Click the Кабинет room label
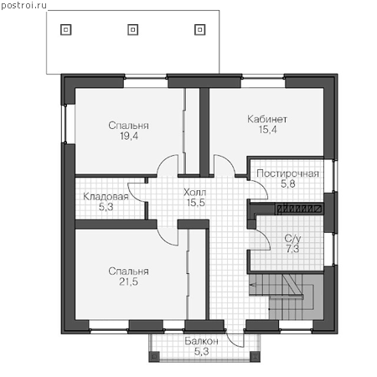click(267, 119)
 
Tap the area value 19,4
click(129, 137)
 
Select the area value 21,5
click(128, 281)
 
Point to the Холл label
click(195, 192)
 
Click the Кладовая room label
click(106, 197)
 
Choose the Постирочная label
click(287, 173)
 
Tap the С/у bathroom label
click(292, 238)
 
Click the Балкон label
click(201, 341)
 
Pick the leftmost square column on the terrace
click(66, 29)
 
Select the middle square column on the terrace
click(133, 29)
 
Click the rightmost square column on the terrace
click(200, 29)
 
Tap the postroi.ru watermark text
click(23, 5)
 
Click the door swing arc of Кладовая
click(132, 194)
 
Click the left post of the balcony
click(154, 356)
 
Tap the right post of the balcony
click(255, 356)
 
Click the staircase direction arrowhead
click(253, 285)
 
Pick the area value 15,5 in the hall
click(196, 203)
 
